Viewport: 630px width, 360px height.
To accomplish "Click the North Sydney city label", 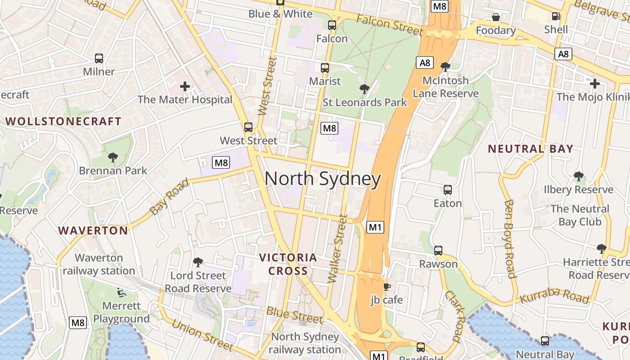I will (x=323, y=179).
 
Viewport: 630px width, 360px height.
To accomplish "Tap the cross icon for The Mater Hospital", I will (x=184, y=86).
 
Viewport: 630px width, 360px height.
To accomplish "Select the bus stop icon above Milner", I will (x=99, y=58).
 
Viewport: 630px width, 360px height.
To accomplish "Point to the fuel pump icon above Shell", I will (x=556, y=16).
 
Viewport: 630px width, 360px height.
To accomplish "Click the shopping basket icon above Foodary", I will (x=495, y=17).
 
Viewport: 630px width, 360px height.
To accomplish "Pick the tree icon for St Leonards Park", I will (x=364, y=89).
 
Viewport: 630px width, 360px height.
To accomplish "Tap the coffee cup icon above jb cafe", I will (x=387, y=287).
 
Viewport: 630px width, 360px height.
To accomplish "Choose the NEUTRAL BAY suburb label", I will (x=531, y=149).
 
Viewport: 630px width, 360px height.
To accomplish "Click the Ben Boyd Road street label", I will (x=509, y=239).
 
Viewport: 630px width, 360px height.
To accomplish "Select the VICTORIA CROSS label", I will (x=288, y=264).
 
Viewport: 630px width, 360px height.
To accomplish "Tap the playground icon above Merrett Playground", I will (x=120, y=292).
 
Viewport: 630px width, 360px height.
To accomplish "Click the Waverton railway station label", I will (x=99, y=264).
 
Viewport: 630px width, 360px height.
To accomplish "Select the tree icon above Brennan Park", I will (x=112, y=157).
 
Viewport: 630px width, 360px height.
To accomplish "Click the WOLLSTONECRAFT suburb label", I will (x=63, y=121).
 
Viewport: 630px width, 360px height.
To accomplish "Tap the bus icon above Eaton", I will (x=447, y=190).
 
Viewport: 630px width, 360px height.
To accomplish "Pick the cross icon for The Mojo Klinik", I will (x=594, y=84).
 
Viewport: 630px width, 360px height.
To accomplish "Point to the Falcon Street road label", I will (x=390, y=25).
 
